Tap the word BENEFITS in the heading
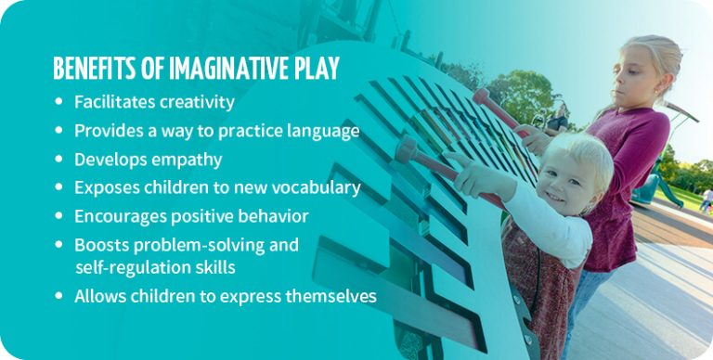[94, 69]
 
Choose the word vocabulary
[315, 187]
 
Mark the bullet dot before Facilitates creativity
[60, 102]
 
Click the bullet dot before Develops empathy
[60, 160]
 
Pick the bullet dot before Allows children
[60, 297]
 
